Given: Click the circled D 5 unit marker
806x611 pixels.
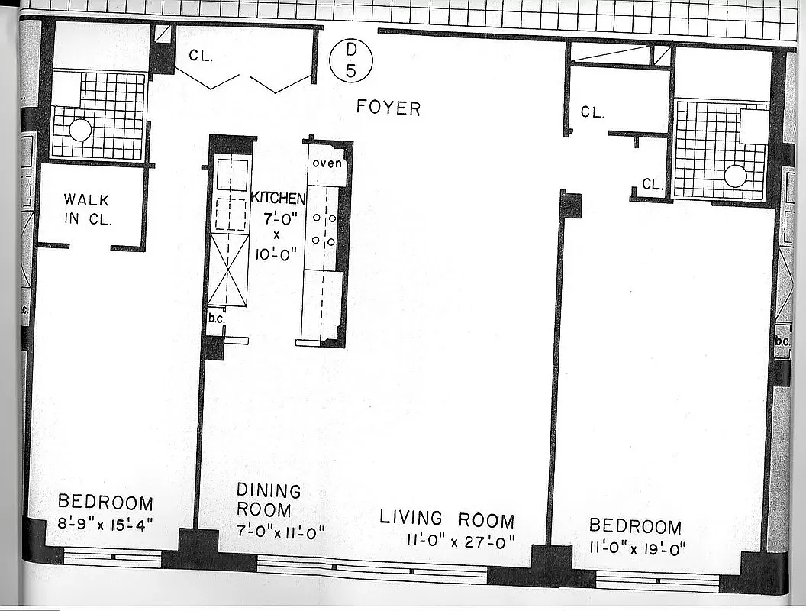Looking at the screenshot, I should pos(350,60).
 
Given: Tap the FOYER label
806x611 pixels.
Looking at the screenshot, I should pos(388,108).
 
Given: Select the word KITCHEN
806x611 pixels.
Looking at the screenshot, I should pos(278,199).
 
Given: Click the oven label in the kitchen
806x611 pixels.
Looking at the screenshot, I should pos(327,163).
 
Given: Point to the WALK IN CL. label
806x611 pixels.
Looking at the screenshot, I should pos(86,210).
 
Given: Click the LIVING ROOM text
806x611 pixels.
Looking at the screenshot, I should pos(447,519).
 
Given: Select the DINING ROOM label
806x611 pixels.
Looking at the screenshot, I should pos(268,499).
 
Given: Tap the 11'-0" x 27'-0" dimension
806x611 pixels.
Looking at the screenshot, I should pos(461,541).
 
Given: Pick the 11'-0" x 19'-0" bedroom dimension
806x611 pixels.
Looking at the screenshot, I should pos(637,547).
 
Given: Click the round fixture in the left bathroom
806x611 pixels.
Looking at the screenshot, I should pos(80,131).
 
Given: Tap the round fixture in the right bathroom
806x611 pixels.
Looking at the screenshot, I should pos(734,176).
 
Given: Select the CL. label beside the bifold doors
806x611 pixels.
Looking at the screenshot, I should pos(200,56).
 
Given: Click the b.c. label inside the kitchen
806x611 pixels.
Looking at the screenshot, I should pos(216,318).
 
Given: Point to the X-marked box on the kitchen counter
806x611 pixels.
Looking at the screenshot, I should pos(228,270).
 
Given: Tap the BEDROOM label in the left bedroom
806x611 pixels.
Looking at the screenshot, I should pos(105,503).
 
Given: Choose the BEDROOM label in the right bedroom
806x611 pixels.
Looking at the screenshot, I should pos(635,526).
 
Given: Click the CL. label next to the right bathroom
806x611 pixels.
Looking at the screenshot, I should pos(652,184).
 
